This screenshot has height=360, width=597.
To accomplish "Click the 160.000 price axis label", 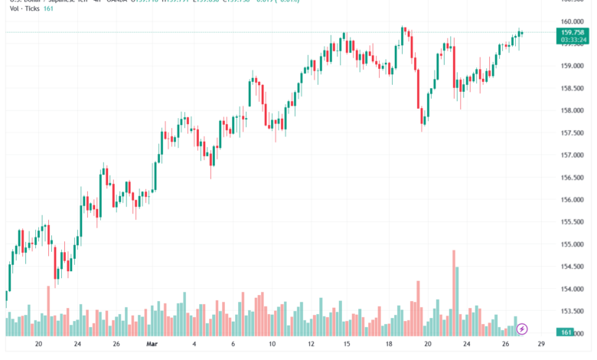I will pos(573,21).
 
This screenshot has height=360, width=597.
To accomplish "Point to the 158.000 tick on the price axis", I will pos(573,110).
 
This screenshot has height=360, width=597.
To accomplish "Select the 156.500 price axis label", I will pos(573,178).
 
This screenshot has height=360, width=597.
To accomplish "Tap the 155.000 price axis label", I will pos(573,245).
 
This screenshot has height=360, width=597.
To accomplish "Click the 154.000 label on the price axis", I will pos(573,290).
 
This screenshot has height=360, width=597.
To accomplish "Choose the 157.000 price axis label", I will pos(573,155).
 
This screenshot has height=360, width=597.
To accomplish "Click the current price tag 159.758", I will pos(573,32).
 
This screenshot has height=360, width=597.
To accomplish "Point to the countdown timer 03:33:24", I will pos(573,40).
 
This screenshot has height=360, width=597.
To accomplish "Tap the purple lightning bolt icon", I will pos(522,329).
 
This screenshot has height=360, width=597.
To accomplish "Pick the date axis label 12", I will pos(311,345).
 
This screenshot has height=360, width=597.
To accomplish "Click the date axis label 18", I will pos(387,345).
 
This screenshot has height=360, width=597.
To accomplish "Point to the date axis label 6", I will pos(233,345).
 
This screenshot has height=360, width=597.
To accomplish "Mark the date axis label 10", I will pos(272,345).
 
